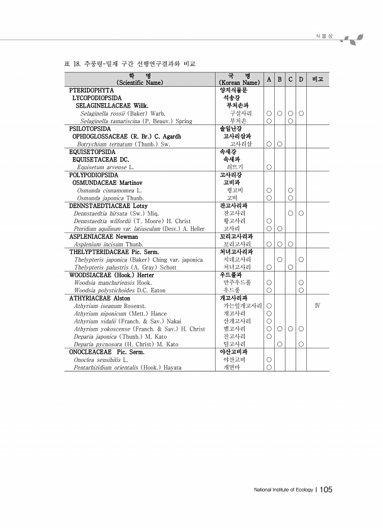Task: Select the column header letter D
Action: pos(301,79)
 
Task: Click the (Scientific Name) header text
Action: pos(140,83)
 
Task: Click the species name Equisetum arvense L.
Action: pos(104,167)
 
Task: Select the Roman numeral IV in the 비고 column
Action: pos(318,306)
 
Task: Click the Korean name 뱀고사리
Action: pos(234,329)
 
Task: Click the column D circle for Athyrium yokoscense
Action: pos(301,329)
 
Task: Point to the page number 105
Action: pos(326,490)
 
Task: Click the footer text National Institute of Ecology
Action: pos(282,491)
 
